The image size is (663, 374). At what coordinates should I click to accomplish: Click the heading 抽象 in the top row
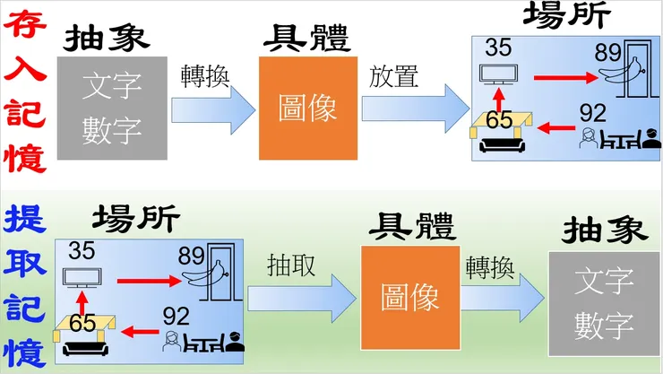click(106, 38)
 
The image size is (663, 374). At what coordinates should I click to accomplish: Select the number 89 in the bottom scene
click(193, 254)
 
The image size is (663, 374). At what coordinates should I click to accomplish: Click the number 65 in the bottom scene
click(83, 323)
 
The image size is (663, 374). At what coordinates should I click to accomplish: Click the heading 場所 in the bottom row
click(136, 218)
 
